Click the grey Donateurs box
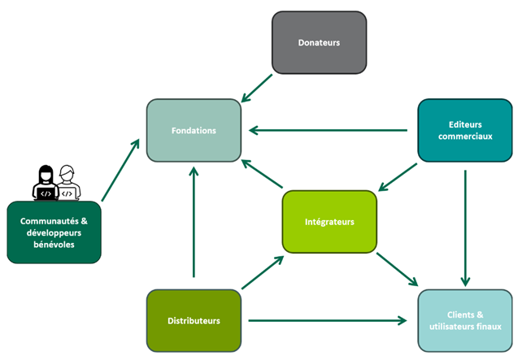[319, 43]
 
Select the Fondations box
[194, 130]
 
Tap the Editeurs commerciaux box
[464, 130]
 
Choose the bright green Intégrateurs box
[329, 221]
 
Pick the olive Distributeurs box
[194, 320]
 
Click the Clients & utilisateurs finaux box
[466, 320]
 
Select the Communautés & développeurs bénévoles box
[54, 232]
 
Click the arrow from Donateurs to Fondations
[258, 89]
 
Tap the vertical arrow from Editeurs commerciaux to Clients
[465, 224]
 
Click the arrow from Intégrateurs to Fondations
[262, 175]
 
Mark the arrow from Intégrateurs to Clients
[397, 270]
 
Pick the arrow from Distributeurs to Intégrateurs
[262, 273]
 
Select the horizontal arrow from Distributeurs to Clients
[325, 320]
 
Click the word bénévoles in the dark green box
[54, 245]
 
